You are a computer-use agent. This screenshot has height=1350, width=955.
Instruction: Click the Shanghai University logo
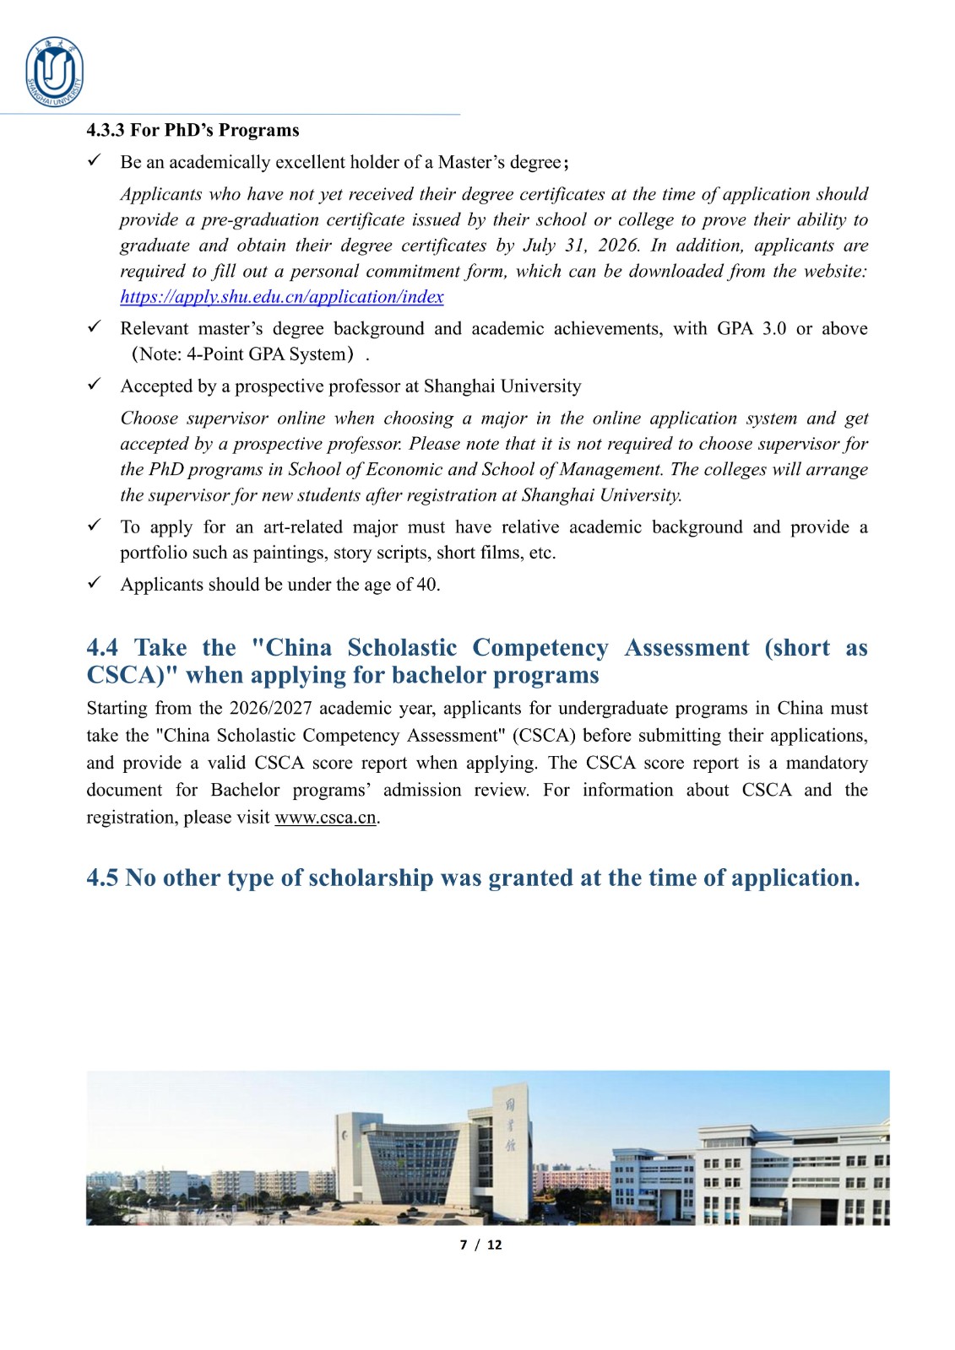[x=55, y=73]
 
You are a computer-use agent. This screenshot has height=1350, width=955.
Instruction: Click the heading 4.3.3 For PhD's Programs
[x=193, y=130]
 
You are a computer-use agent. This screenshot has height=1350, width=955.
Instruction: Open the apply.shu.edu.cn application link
[x=281, y=297]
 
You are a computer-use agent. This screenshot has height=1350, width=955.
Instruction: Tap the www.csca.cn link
[x=325, y=818]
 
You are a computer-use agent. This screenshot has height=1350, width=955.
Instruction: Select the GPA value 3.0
[x=773, y=328]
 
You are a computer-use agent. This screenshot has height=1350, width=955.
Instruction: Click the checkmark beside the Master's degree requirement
[x=95, y=160]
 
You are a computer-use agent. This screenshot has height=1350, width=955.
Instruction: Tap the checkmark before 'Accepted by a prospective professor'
[x=95, y=385]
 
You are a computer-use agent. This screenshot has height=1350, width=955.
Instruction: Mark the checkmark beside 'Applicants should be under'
[x=95, y=583]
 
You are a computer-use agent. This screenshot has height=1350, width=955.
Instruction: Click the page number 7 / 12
[x=480, y=1245]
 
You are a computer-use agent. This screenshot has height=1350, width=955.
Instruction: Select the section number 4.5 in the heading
[x=102, y=878]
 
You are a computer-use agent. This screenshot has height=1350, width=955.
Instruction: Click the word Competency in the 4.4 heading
[x=540, y=648]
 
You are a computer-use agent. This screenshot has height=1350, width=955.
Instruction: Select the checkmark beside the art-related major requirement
[x=95, y=526]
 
